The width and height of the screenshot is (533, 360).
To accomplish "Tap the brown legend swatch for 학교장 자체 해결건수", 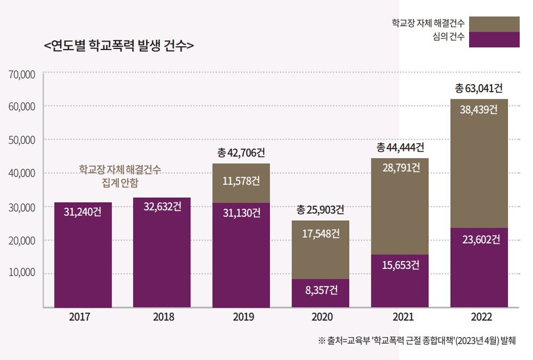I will [494, 23].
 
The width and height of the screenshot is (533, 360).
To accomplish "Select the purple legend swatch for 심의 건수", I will [494, 39].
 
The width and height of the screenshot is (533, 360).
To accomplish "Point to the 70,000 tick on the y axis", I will [23, 73].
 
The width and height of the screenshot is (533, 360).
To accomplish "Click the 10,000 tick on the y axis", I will [23, 273].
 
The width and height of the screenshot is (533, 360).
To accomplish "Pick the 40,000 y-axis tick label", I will [23, 173].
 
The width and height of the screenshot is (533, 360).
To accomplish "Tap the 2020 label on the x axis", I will [321, 317].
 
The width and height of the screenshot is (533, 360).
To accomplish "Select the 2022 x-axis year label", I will [480, 317].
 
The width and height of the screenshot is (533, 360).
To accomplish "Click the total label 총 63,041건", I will [479, 88].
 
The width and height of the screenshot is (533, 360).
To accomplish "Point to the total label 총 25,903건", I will [320, 210].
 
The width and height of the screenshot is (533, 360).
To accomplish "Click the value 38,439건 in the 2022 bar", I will [479, 109].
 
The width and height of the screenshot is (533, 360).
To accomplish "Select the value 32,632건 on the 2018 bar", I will [162, 207].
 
